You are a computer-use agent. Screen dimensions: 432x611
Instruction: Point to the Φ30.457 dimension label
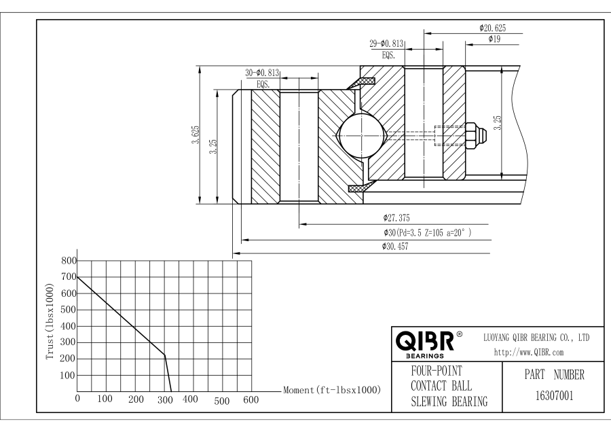(x=399, y=247)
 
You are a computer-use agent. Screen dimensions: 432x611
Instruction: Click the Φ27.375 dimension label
(x=400, y=219)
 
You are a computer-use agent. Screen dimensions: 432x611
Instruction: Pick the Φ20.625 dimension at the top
(x=492, y=28)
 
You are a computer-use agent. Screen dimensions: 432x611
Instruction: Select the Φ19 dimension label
(x=494, y=39)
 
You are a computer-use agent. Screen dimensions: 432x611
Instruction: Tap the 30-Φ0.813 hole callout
(x=261, y=73)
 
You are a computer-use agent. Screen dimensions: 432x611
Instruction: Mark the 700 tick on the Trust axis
(x=69, y=277)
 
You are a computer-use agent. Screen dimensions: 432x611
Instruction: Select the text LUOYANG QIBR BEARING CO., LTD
(x=536, y=338)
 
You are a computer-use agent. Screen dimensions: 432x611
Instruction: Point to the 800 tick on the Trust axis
(x=69, y=261)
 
